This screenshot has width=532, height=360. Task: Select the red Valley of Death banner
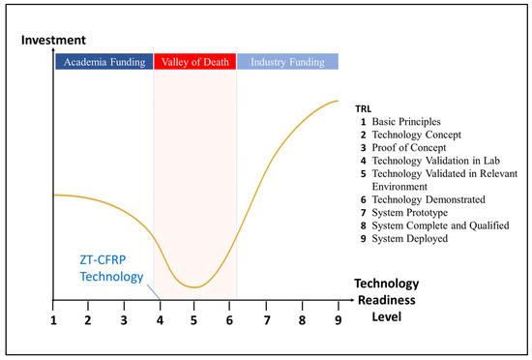pos(194,62)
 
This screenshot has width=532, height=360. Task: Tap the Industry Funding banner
pos(287,62)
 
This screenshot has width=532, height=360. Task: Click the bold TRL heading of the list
pos(365,107)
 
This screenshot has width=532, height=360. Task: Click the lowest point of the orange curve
pos(195,287)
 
